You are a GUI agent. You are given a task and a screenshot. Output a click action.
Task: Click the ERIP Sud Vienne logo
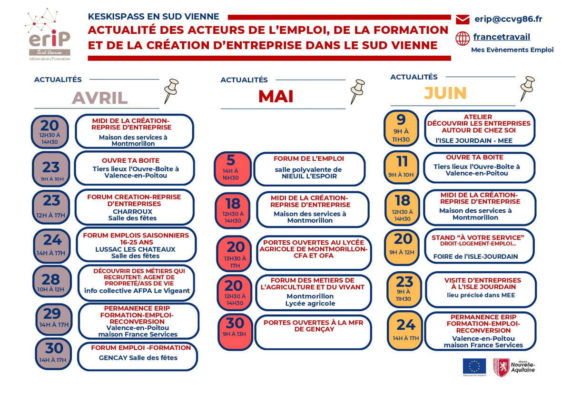[49, 35]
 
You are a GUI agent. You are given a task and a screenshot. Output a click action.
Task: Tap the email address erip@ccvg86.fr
[508, 20]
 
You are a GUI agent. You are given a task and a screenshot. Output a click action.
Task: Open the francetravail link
[502, 37]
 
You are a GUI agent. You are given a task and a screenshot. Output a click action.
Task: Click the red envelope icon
[463, 20]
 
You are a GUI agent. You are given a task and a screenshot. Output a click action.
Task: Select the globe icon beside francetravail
[463, 38]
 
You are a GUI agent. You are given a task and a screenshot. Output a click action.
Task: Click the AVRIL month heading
[99, 98]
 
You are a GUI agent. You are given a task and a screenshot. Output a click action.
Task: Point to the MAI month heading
[276, 97]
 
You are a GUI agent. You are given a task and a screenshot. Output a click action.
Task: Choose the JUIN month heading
[445, 93]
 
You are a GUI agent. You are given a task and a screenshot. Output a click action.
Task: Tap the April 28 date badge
[51, 283]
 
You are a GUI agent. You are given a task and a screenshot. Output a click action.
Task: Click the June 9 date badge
[401, 128]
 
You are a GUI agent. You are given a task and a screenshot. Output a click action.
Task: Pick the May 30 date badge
[235, 327]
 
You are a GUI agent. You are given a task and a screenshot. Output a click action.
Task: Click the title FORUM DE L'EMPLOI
[308, 158]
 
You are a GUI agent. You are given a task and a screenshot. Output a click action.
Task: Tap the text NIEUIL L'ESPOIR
[308, 176]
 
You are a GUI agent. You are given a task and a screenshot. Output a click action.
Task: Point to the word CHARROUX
[133, 211]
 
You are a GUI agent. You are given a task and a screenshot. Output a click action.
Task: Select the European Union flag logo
[474, 366]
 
